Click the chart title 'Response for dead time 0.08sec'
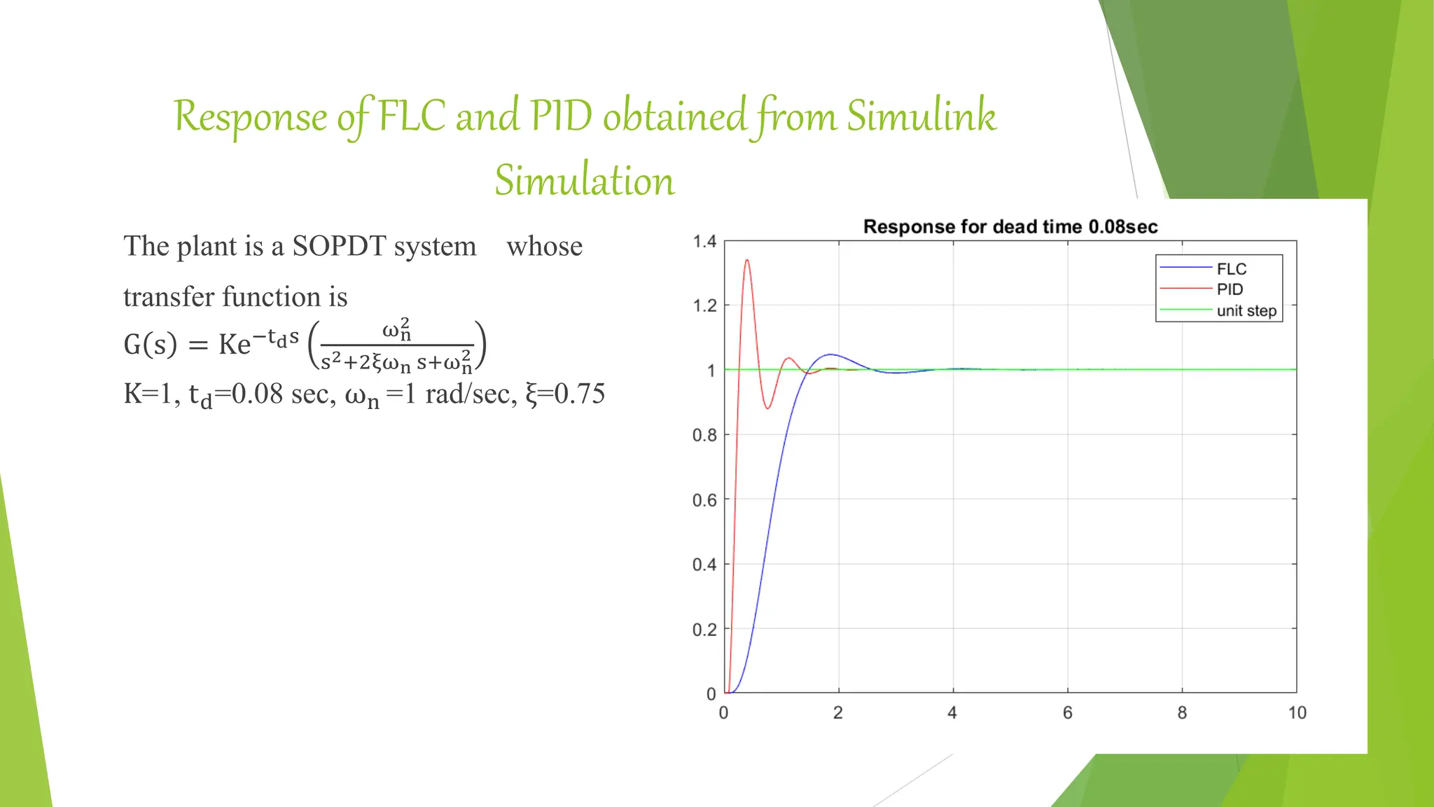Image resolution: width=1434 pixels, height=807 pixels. coord(1010,227)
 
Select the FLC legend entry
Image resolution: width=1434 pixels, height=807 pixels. coord(1231,269)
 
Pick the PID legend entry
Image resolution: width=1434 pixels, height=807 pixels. coord(1230,289)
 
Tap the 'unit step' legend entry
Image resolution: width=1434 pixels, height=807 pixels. coord(1246,310)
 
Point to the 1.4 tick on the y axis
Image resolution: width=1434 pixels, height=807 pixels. coord(704,242)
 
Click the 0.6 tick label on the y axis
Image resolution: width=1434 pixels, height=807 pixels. coord(704,500)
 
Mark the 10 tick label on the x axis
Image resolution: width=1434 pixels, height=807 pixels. coord(1297,713)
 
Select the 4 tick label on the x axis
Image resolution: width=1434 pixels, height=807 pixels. coord(952,713)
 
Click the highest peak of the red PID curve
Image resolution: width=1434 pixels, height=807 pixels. coord(747,261)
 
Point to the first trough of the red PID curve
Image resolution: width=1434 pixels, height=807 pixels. coord(768,408)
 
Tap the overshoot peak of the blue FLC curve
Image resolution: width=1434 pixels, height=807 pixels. coord(830,354)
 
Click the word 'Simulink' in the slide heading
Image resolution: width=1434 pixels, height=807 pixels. coord(921,116)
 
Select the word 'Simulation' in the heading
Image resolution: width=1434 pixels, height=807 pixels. coord(585,181)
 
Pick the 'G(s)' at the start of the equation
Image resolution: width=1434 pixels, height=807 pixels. coord(150,345)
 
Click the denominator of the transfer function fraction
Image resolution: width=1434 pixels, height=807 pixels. coord(396,362)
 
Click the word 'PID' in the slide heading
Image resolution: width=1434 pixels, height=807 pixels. coord(561,116)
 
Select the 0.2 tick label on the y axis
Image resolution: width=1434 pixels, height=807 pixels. coord(704,630)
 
